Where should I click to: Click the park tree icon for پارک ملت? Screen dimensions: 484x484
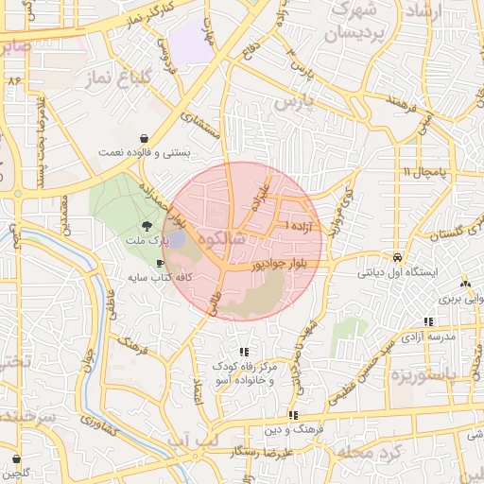pyautogui.click(x=147, y=226)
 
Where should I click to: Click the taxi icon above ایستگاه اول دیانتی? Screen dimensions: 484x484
pyautogui.click(x=398, y=257)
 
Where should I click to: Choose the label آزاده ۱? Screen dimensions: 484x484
pyautogui.click(x=301, y=228)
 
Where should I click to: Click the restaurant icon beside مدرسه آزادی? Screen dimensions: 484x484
pyautogui.click(x=428, y=321)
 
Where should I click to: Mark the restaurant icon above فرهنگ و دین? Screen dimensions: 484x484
pyautogui.click(x=292, y=414)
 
